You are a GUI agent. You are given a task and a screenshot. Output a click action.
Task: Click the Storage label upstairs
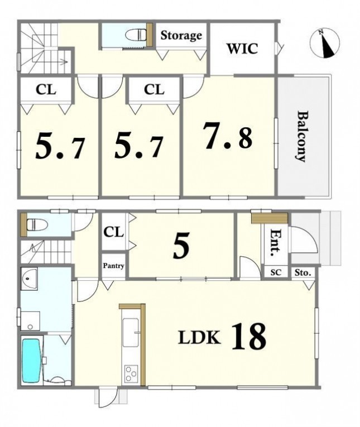[181, 36]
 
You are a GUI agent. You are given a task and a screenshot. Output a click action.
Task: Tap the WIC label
[242, 49]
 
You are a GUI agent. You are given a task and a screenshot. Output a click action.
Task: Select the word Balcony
[303, 136]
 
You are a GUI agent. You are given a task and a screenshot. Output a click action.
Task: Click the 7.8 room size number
[228, 136]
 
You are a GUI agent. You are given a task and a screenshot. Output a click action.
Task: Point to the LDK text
[199, 337]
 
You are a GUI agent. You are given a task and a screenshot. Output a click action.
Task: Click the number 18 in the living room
[249, 336]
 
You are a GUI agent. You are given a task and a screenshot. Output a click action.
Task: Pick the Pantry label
[113, 266]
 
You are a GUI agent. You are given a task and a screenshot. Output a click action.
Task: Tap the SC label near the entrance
[276, 272]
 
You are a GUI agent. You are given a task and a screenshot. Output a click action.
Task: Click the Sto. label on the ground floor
[303, 272]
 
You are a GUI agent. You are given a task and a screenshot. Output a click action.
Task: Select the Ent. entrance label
[276, 242]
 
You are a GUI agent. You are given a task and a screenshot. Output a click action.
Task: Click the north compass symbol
[325, 43]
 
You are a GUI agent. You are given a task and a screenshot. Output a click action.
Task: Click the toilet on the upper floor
[136, 35]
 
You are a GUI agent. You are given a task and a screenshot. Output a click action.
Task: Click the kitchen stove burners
[131, 373]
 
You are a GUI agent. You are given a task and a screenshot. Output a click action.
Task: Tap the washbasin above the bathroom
[29, 279]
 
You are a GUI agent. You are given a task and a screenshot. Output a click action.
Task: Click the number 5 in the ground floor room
[181, 246]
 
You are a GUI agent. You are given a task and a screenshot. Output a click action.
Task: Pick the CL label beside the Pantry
[113, 232]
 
